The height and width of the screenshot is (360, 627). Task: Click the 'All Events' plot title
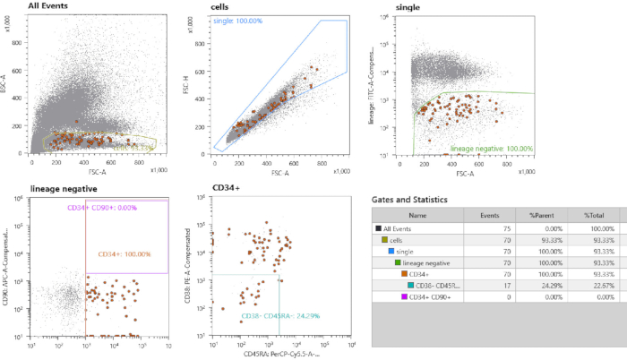tap(50, 6)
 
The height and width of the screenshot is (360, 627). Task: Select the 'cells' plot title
tap(219, 6)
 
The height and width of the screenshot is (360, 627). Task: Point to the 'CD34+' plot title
tap(227, 189)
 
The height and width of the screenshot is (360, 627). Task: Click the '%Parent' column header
tap(545, 215)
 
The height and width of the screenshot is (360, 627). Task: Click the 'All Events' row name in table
tap(403, 228)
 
